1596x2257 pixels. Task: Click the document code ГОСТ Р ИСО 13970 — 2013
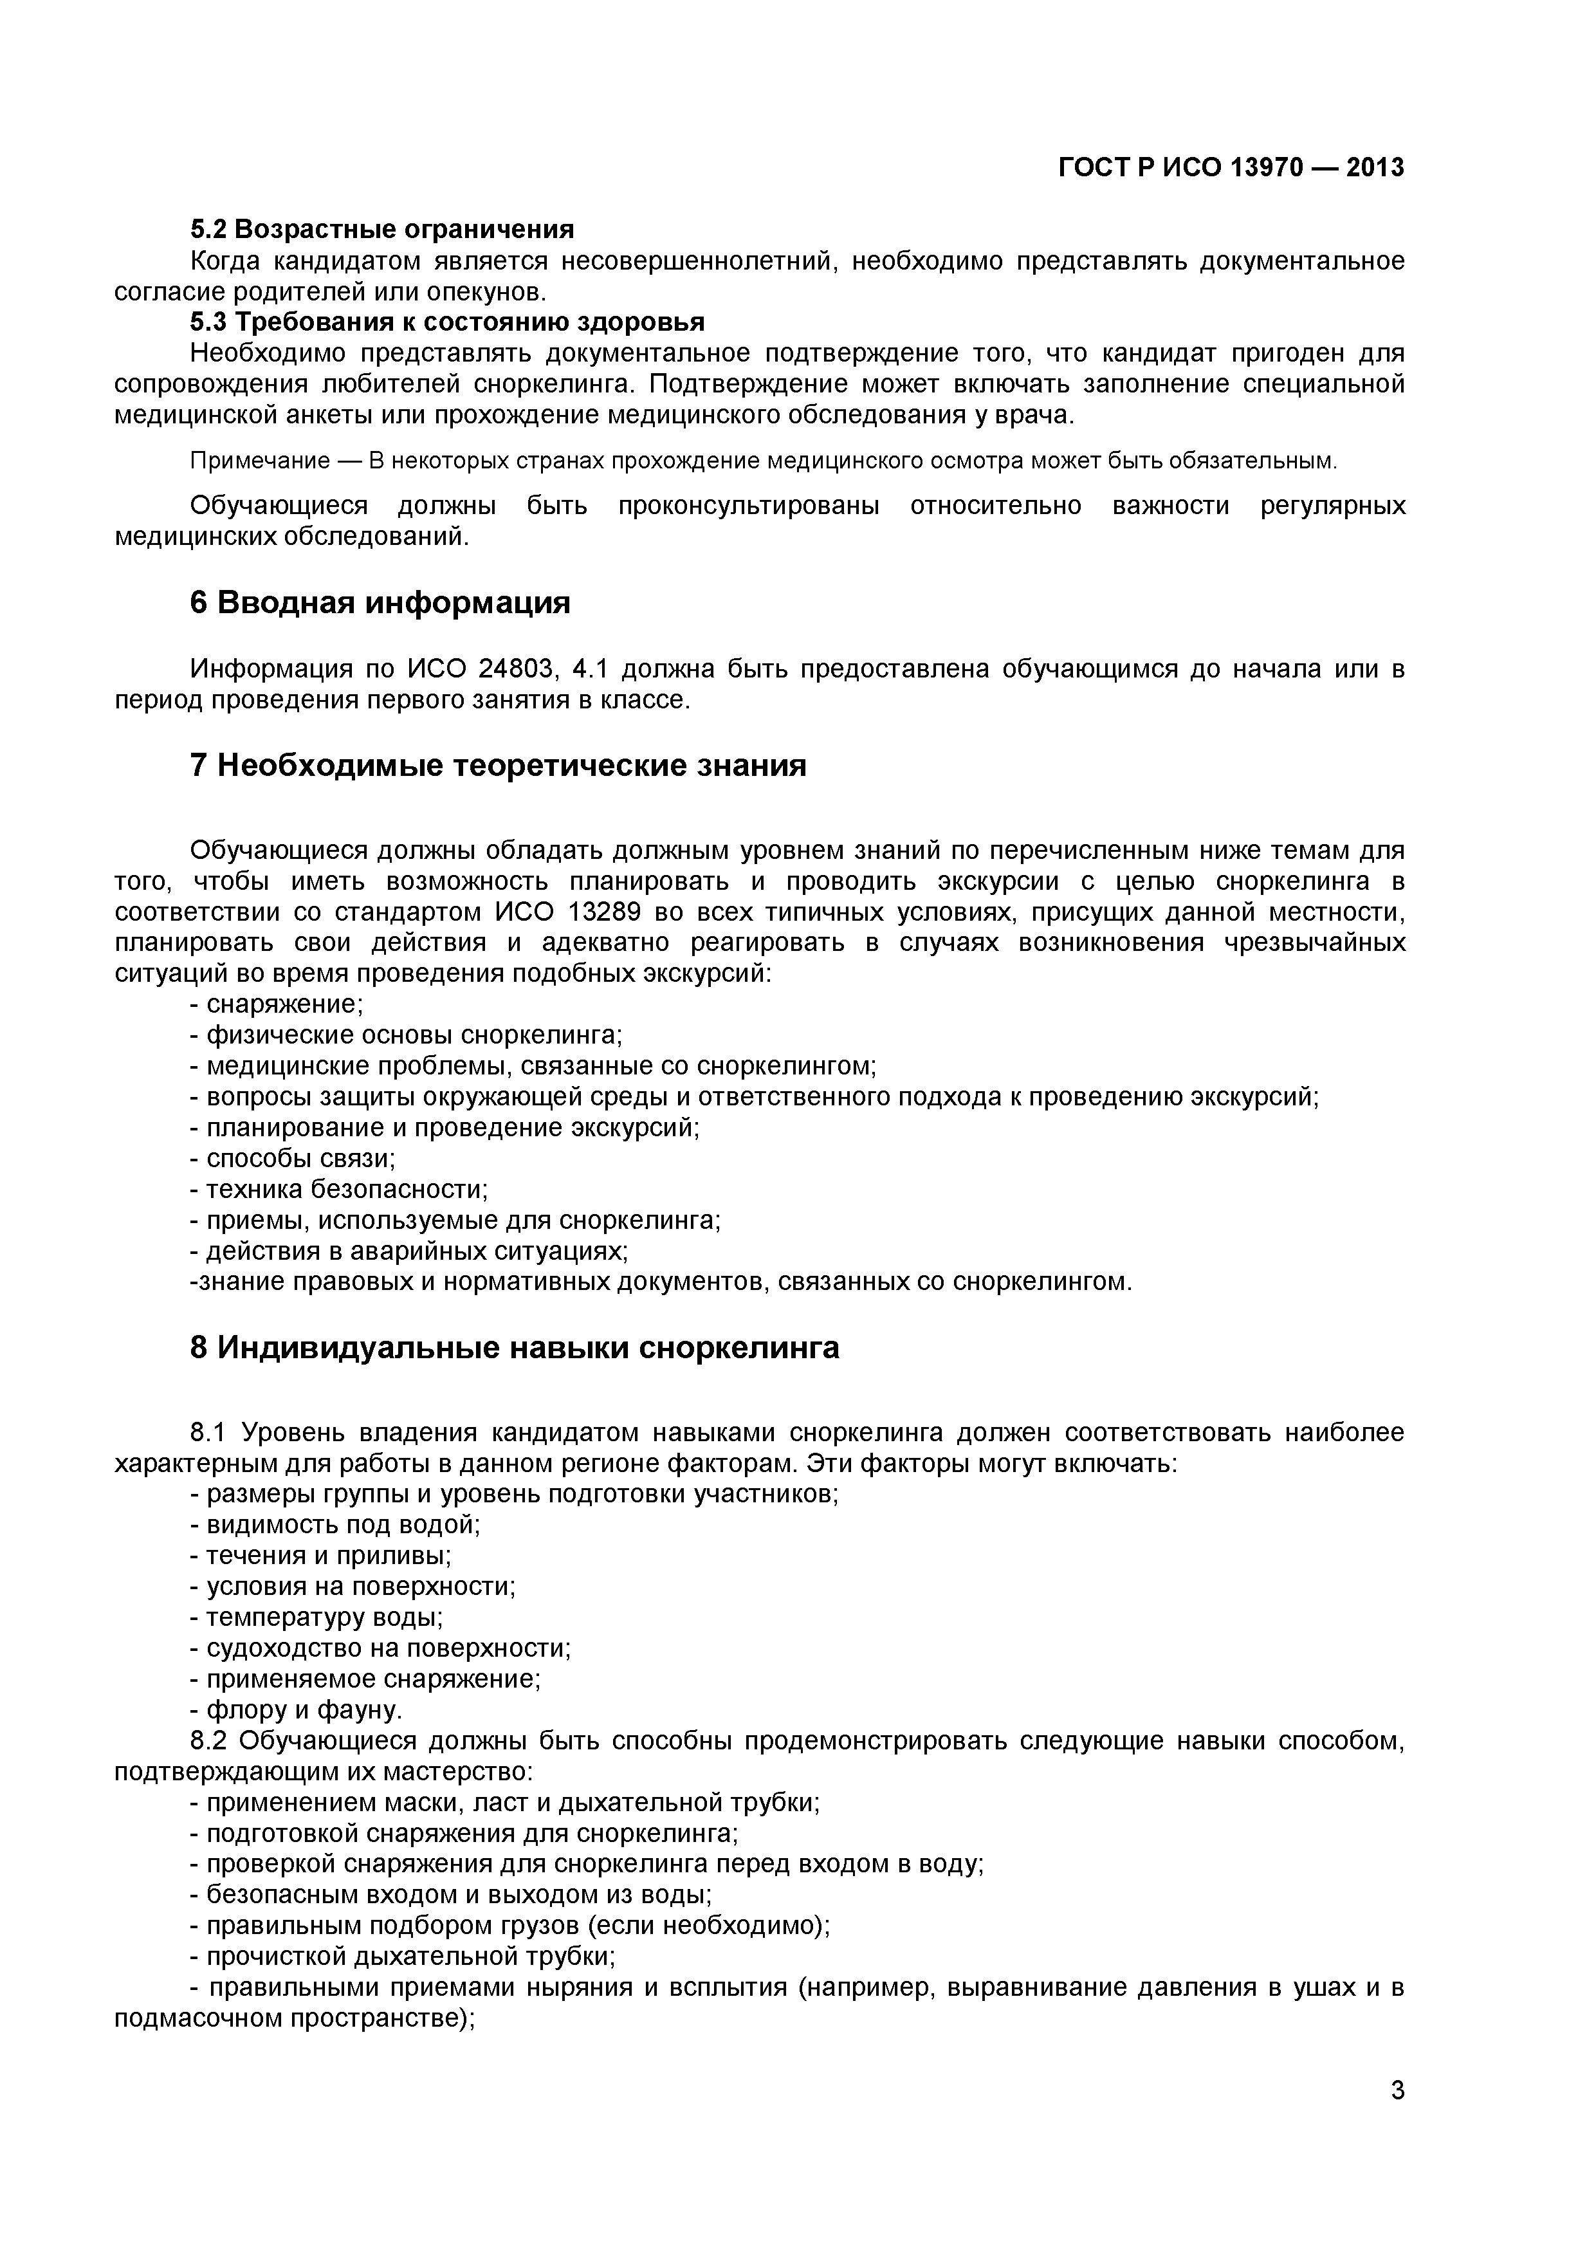click(x=1231, y=168)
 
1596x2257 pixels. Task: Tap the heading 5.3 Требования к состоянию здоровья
click(x=447, y=322)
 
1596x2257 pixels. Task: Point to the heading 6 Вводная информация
click(x=380, y=603)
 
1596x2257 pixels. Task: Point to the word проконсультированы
click(x=749, y=506)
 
